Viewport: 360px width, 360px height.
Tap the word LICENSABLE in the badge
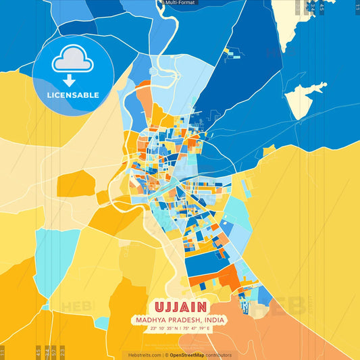coord(72,95)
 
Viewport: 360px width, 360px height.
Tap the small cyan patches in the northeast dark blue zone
coord(234,54)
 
